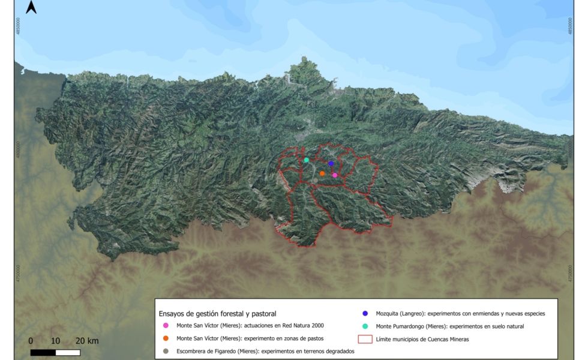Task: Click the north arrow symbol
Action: (32, 7)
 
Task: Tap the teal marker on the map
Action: (306, 160)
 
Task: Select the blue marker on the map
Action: (331, 163)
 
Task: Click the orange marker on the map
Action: (322, 173)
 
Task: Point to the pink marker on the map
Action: (335, 175)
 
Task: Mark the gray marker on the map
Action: (314, 179)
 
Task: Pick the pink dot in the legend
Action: (165, 326)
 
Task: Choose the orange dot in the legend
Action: (165, 338)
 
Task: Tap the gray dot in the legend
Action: (165, 352)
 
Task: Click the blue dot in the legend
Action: (365, 313)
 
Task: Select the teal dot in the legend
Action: (365, 326)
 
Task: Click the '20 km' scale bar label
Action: (87, 341)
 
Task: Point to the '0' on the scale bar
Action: (31, 341)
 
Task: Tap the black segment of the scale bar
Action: (43, 352)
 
